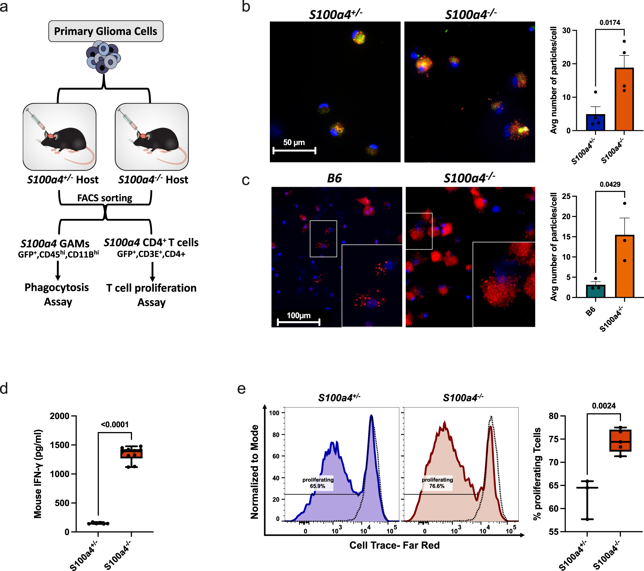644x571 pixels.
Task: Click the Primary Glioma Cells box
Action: point(106,31)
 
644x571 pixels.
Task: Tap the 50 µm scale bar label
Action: point(294,142)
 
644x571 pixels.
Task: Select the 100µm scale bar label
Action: point(299,315)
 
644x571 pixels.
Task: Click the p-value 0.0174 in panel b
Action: point(610,23)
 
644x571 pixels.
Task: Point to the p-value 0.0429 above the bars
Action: point(610,184)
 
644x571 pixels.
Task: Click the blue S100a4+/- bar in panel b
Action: point(595,122)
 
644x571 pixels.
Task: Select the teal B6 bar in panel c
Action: point(595,291)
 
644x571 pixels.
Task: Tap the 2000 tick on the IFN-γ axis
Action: point(60,416)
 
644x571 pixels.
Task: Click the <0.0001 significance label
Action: point(115,425)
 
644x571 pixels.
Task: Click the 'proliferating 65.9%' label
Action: point(318,483)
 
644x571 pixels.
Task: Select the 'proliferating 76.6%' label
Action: point(437,483)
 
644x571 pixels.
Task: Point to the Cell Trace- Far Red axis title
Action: point(394,545)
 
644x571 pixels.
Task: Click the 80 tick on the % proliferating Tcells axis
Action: point(554,416)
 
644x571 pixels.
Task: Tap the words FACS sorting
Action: point(105,198)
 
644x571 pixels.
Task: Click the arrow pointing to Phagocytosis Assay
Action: point(58,271)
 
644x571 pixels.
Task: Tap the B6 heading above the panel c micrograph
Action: point(334,178)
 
